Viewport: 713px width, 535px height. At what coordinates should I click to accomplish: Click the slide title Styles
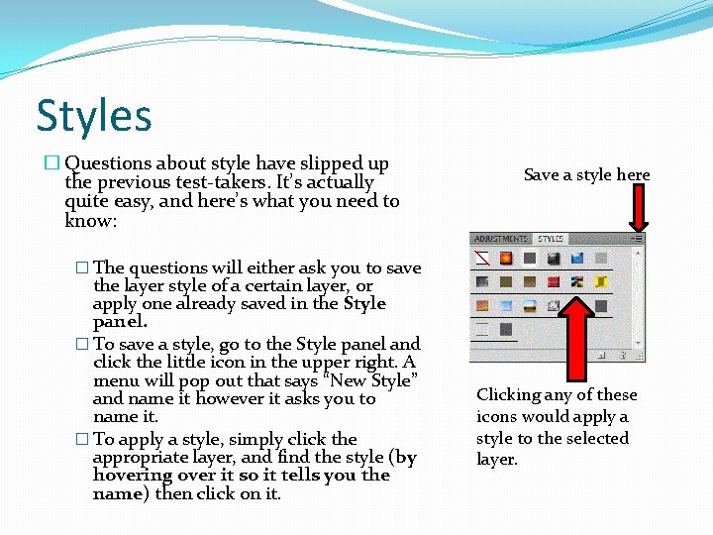[x=94, y=115]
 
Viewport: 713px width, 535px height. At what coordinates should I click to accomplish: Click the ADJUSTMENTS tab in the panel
[x=500, y=239]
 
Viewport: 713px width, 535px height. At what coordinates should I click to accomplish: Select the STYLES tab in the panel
[x=551, y=239]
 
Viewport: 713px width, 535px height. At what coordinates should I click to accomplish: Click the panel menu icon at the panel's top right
[x=637, y=239]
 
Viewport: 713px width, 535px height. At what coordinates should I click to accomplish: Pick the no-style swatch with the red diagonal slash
[x=482, y=259]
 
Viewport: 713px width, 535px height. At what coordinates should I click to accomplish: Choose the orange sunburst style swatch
[x=505, y=259]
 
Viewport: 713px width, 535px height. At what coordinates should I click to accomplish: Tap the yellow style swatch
[x=600, y=282]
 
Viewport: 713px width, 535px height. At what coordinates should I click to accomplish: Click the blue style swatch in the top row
[x=576, y=259]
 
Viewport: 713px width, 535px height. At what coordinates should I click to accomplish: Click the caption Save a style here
[x=586, y=175]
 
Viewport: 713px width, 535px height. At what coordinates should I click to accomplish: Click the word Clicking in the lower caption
[x=508, y=394]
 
